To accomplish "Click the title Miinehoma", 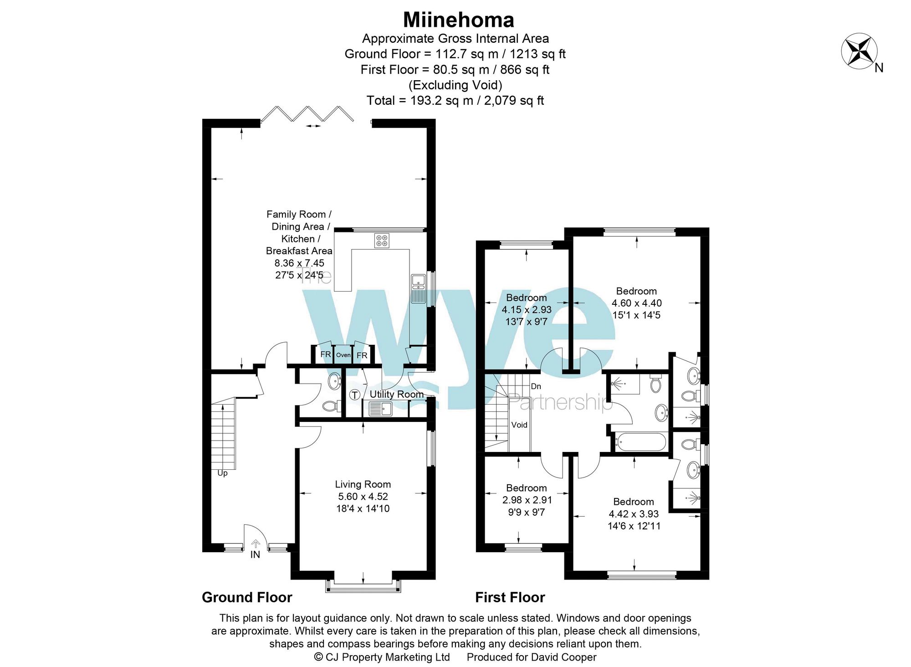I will coord(458,20).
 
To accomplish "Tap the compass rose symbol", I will coord(859,51).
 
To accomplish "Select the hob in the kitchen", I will coord(382,241).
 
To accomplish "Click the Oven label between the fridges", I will coord(343,355).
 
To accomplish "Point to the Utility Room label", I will coord(396,394).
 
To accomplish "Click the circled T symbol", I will coord(355,395).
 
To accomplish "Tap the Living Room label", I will coord(363,484).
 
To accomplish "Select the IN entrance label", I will coord(255,554).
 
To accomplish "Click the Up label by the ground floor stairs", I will coord(222,473).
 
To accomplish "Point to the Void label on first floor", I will coord(519,425).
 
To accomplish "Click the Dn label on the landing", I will coord(536,386).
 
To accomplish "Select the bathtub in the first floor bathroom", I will coord(640,441).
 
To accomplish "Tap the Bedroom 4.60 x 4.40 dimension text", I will coord(636,303).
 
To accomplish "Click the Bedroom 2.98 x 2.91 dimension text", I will coord(527,500).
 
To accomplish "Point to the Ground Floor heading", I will coord(247,597).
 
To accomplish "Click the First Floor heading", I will coord(510,597).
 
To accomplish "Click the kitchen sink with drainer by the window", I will coord(418,288).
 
